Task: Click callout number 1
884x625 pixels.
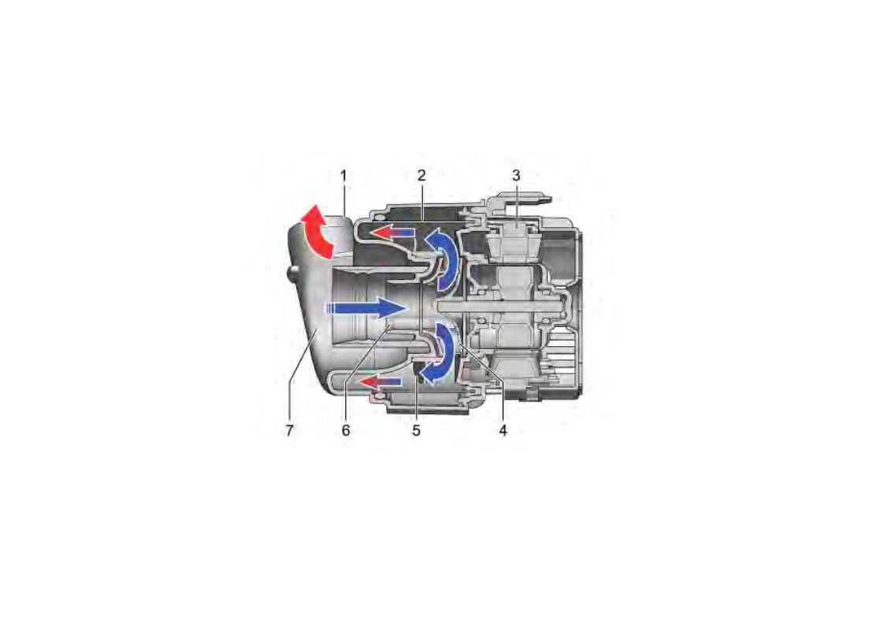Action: (344, 176)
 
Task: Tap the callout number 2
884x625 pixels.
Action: (422, 176)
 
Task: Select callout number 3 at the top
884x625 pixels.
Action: (516, 176)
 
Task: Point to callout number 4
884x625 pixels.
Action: (503, 430)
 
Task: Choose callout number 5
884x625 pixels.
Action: (416, 430)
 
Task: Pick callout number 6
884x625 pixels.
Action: (346, 430)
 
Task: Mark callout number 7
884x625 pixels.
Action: (289, 430)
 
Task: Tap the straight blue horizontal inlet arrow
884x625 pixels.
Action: (365, 307)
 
